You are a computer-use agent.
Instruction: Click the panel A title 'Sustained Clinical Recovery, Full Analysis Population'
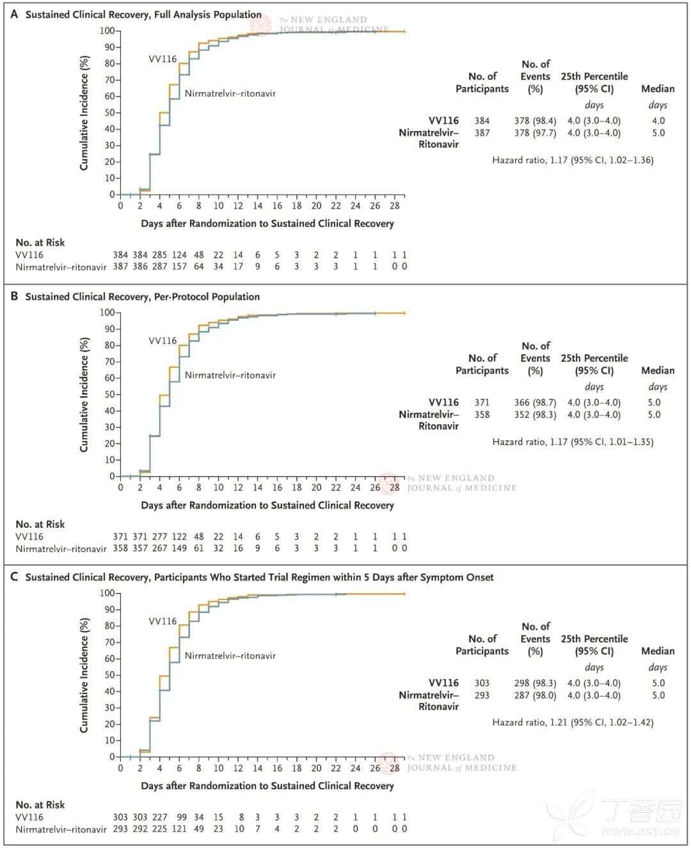[x=143, y=14]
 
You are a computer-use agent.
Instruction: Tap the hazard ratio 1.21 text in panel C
[x=573, y=722]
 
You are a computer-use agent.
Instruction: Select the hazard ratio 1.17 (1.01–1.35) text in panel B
[x=573, y=442]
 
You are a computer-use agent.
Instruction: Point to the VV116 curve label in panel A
[x=163, y=59]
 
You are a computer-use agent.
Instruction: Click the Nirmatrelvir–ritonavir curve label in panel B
[x=230, y=375]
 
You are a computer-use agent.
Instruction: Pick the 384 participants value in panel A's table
[x=482, y=121]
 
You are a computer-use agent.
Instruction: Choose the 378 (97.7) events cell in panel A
[x=535, y=133]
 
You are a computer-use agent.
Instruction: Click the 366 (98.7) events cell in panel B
[x=535, y=403]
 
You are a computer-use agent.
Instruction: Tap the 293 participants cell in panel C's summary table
[x=482, y=695]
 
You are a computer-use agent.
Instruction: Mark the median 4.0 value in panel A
[x=658, y=121]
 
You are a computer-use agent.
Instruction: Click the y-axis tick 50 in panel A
[x=109, y=112]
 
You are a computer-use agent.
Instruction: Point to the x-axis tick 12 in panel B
[x=238, y=488]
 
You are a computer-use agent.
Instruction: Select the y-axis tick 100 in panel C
[x=107, y=593]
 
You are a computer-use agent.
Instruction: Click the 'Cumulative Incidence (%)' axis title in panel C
[x=84, y=675]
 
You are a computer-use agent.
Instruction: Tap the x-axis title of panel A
[x=267, y=224]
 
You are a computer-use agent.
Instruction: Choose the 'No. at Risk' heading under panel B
[x=40, y=524]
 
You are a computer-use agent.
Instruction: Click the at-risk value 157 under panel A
[x=179, y=266]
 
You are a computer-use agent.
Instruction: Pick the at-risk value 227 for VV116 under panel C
[x=159, y=817]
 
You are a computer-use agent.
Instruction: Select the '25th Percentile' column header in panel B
[x=594, y=358]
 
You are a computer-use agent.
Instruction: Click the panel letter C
[x=14, y=577]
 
